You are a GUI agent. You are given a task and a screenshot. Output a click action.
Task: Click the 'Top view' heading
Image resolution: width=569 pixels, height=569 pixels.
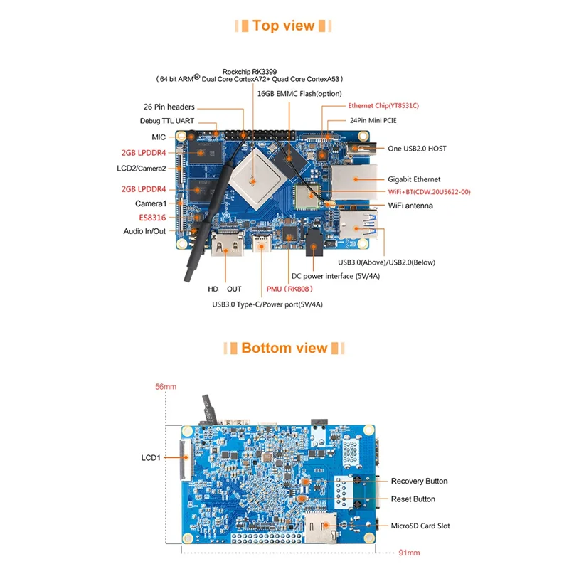coord(283,26)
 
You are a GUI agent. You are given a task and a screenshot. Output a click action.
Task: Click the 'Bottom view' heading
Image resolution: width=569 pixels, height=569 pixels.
coord(284,348)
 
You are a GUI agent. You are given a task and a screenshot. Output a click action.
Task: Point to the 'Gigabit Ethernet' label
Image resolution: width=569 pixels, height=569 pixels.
coord(414,179)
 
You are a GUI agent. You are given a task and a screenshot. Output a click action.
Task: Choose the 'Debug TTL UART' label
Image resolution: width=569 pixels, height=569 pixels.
coord(167,121)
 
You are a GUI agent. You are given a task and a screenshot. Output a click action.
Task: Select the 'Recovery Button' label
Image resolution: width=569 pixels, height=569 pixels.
coord(419,482)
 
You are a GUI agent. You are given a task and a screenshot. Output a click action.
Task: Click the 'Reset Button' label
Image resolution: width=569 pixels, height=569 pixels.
coord(413,499)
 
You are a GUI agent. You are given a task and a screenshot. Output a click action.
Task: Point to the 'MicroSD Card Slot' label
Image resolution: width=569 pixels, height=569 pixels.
coord(420,526)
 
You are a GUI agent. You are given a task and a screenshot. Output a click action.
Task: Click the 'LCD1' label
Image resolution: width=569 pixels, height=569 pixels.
coord(151,457)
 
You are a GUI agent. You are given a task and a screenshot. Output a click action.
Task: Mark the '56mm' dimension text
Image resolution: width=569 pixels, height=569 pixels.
coord(165,388)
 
